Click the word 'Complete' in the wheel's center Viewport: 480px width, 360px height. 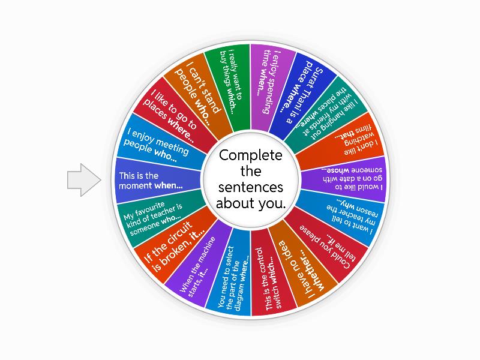click(x=250, y=156)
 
